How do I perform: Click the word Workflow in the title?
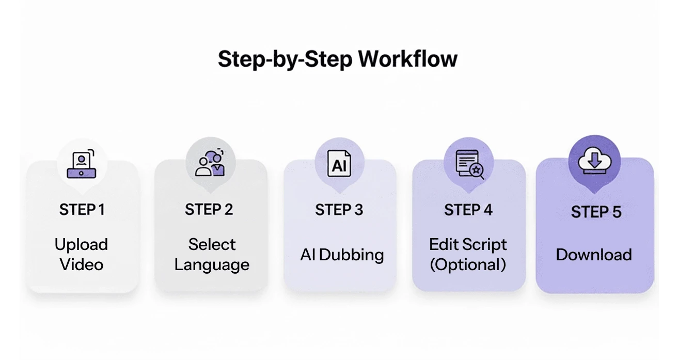(407, 59)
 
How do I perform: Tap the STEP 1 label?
(82, 210)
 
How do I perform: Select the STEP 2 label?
(209, 210)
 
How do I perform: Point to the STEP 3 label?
(339, 210)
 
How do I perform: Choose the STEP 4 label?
(468, 210)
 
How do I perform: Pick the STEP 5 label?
(596, 212)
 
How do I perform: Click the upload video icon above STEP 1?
(82, 165)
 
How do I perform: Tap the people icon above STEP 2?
(210, 163)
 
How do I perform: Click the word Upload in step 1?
(82, 244)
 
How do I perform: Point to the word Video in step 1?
(82, 264)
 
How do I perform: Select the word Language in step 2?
(212, 265)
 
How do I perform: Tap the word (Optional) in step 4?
(468, 264)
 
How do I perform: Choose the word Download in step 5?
(594, 255)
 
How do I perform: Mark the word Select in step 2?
(212, 244)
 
